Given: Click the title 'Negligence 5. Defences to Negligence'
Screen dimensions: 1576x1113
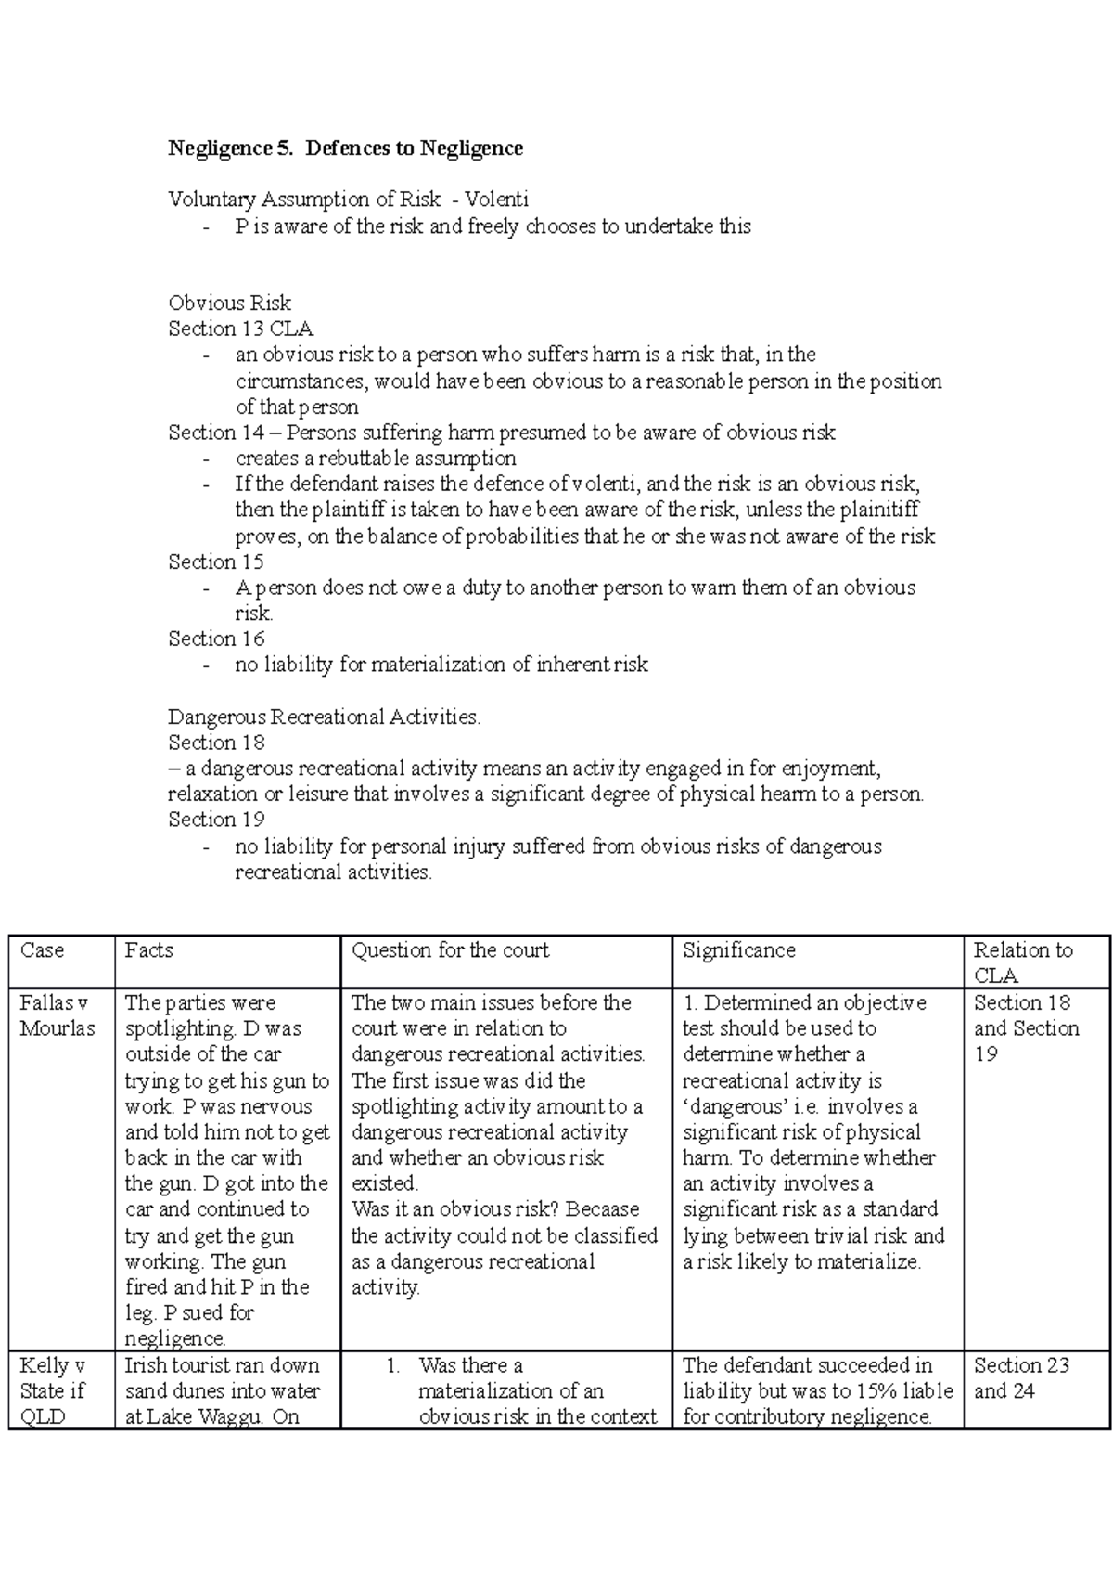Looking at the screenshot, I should pyautogui.click(x=345, y=149).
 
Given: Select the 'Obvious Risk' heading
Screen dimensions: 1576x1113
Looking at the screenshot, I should pyautogui.click(x=229, y=304).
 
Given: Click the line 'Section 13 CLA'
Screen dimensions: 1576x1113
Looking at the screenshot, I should pyautogui.click(x=240, y=329).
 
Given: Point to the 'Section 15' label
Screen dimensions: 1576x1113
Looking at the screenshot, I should pyautogui.click(x=215, y=562).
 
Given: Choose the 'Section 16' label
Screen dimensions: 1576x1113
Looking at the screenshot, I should pyautogui.click(x=215, y=639).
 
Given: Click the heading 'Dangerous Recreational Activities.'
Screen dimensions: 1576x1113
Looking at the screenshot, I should pyautogui.click(x=324, y=717).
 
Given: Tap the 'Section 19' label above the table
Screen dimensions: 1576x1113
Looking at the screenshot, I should pyautogui.click(x=215, y=820).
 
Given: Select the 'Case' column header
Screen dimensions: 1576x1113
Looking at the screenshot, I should pyautogui.click(x=42, y=950).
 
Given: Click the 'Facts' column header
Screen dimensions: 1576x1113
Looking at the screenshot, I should pyautogui.click(x=149, y=950).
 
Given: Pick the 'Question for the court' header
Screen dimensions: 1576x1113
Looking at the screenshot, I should pyautogui.click(x=450, y=950).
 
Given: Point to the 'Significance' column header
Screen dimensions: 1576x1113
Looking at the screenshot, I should pyautogui.click(x=738, y=950).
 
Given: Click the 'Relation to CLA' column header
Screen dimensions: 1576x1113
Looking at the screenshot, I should pyautogui.click(x=1022, y=962).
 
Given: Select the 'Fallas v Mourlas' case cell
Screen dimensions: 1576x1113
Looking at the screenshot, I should pyautogui.click(x=57, y=1015).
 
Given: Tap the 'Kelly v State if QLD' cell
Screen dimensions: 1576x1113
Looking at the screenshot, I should pyautogui.click(x=53, y=1390).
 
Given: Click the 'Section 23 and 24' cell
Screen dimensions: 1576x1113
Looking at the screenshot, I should pyautogui.click(x=1020, y=1377).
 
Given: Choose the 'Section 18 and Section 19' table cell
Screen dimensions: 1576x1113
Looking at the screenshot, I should pyautogui.click(x=1026, y=1028).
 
